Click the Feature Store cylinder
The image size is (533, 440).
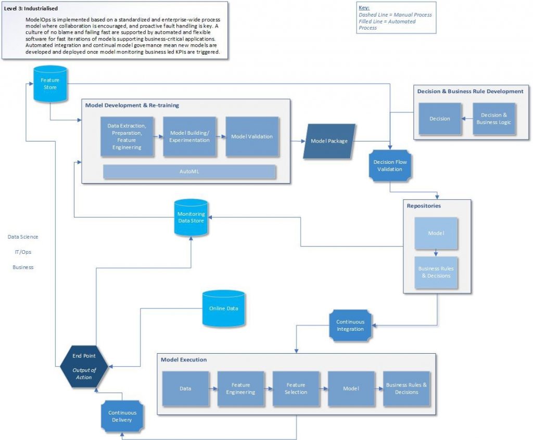pos(50,84)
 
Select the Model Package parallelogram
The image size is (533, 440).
pos(329,141)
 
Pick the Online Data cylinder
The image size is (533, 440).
pos(224,308)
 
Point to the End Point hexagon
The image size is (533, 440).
pos(83,367)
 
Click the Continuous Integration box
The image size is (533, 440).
pos(350,326)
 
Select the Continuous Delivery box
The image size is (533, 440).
pos(122,416)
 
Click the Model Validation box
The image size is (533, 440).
pos(252,137)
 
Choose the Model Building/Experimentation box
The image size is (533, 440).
pos(189,137)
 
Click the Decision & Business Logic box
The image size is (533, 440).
pos(493,119)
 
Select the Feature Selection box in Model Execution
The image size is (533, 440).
pos(296,389)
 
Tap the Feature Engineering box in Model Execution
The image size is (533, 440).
pos(240,389)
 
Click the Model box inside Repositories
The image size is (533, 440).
pos(436,234)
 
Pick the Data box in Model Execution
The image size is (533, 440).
pos(185,389)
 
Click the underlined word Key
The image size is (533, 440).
pos(363,8)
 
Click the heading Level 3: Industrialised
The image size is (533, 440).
pos(31,9)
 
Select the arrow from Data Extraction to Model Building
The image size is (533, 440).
pos(159,136)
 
